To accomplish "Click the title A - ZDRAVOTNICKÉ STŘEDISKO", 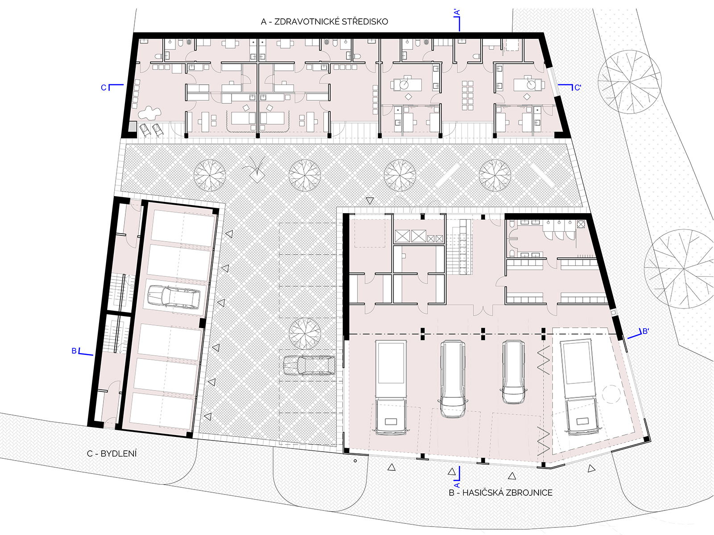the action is [324, 21].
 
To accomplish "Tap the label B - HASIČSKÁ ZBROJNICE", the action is [501, 493].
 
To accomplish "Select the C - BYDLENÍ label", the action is [112, 454].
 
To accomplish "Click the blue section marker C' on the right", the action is [569, 87].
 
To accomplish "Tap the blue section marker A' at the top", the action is [458, 20].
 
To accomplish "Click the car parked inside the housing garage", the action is [174, 296].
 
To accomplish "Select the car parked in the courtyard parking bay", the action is [309, 365].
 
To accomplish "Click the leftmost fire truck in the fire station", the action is [390, 387].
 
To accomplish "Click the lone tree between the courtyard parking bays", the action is [305, 333].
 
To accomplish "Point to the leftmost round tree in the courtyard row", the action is [209, 175].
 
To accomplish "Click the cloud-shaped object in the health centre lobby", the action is [149, 113].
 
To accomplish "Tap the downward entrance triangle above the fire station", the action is [369, 201].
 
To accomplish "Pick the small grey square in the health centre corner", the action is [133, 126].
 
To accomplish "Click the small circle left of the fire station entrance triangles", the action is [355, 461].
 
